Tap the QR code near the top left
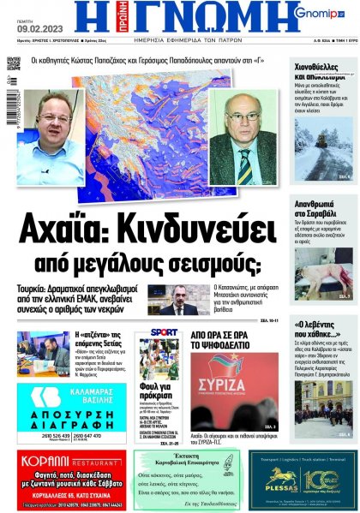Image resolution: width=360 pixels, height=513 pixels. pos(13,63)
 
